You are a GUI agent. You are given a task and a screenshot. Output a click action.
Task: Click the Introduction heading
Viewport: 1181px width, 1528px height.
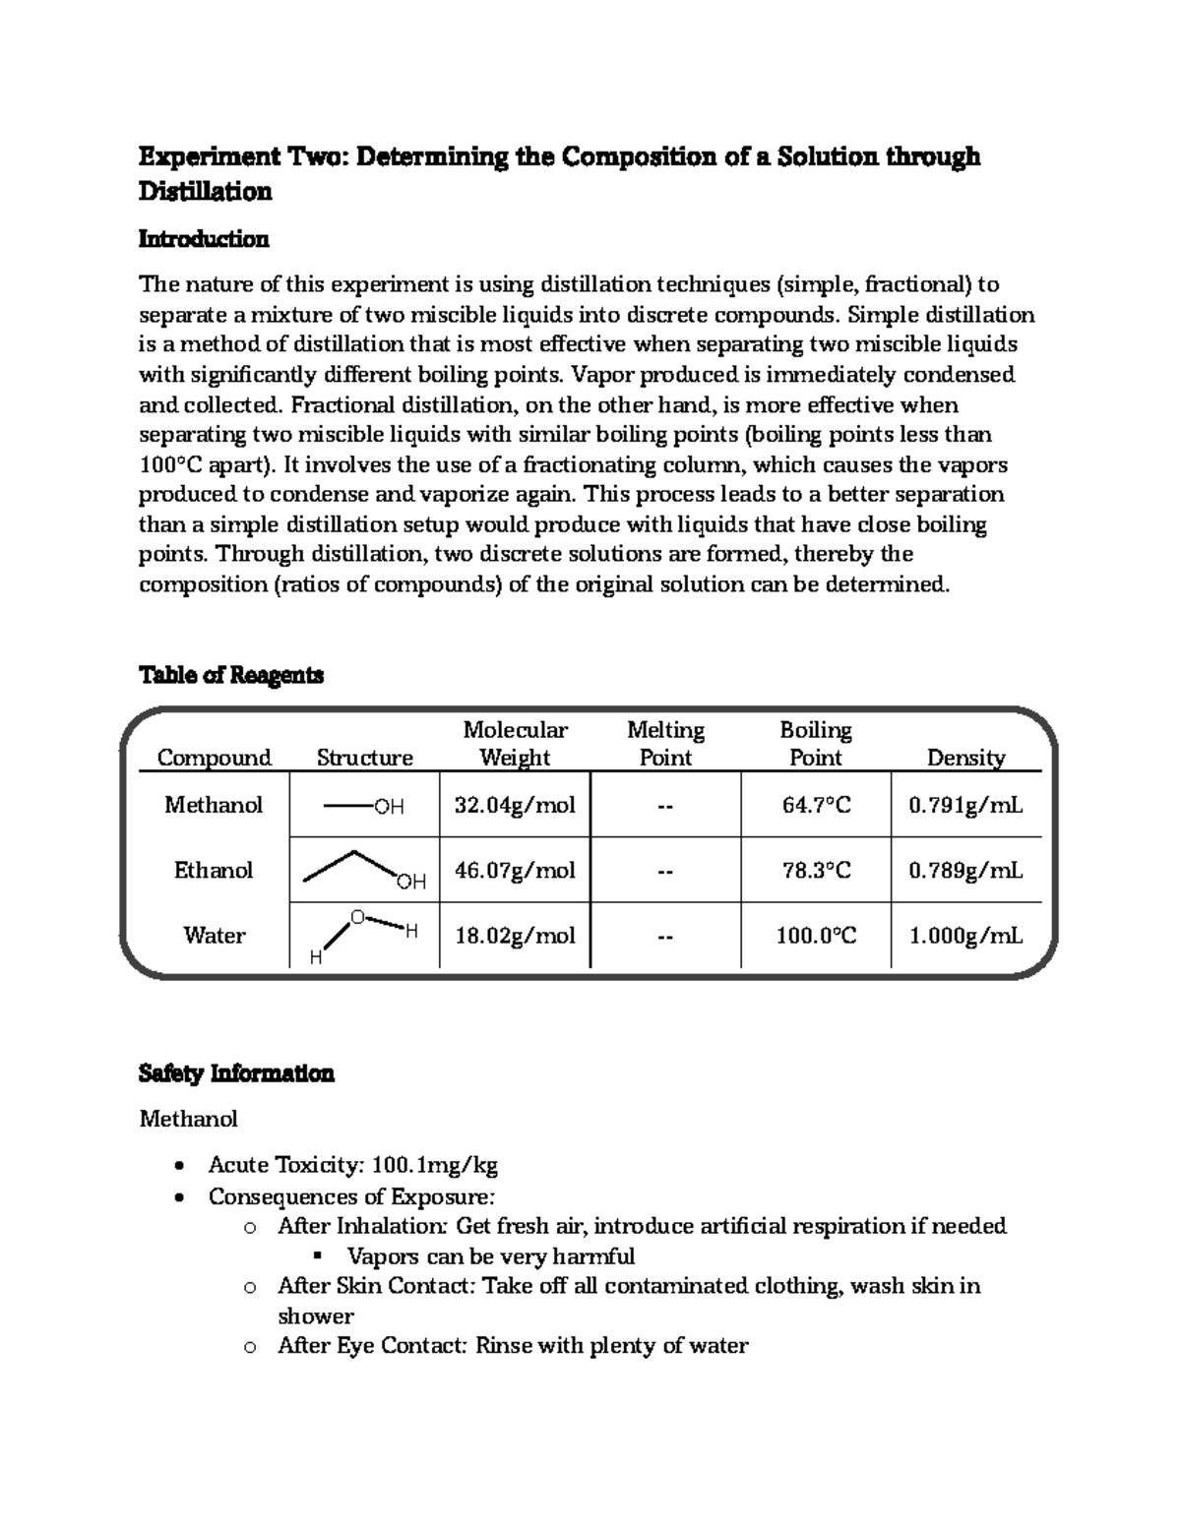click(203, 239)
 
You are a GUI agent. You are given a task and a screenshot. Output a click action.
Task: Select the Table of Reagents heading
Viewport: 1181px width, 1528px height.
click(230, 675)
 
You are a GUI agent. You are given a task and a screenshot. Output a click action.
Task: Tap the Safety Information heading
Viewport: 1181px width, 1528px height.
click(236, 1072)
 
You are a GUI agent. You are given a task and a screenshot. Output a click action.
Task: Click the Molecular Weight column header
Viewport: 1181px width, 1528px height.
click(515, 744)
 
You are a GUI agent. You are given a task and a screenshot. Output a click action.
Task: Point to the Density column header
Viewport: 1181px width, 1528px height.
click(965, 758)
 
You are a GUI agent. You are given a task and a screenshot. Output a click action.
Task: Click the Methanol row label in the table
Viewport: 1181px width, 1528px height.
click(214, 805)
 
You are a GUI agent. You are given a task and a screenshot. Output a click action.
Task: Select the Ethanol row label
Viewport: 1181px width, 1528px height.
click(214, 870)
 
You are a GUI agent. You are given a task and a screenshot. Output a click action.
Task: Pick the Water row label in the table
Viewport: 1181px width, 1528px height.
click(214, 935)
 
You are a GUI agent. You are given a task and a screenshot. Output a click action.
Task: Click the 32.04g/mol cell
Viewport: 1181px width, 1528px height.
click(515, 805)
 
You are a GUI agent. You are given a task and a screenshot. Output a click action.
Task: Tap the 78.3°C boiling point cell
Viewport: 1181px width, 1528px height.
click(816, 870)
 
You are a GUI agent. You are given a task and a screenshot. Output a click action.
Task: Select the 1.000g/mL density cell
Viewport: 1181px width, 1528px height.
click(965, 935)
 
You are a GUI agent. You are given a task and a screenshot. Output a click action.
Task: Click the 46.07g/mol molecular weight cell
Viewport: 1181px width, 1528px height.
click(515, 870)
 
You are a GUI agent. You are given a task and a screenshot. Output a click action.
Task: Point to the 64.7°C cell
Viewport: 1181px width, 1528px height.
click(816, 805)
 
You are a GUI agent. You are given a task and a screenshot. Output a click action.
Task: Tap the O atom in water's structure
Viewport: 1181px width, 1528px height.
click(357, 917)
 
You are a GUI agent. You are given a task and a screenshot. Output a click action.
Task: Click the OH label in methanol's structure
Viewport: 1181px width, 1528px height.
click(389, 807)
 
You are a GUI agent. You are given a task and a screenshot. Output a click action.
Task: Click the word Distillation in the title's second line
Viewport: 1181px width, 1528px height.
click(205, 192)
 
